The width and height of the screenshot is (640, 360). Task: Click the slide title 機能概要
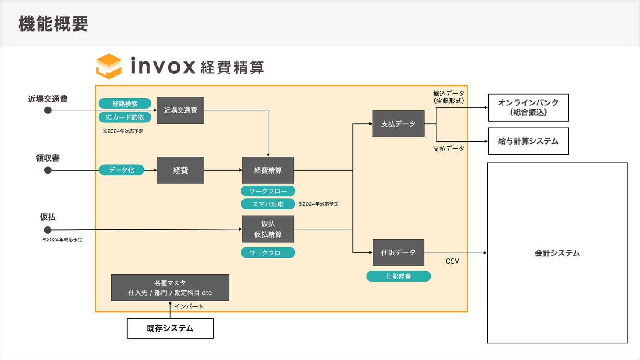click(53, 24)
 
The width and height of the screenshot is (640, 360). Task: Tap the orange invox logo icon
click(109, 66)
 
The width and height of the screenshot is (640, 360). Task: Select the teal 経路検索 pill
click(125, 104)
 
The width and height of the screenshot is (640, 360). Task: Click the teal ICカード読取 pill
click(125, 117)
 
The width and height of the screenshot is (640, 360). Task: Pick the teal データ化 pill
click(122, 170)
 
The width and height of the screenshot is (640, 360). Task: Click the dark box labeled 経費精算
click(268, 170)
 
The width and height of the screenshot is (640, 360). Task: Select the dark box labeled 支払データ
click(398, 124)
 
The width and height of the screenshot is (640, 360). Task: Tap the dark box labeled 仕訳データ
click(398, 253)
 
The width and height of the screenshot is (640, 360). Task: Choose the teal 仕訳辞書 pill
click(398, 276)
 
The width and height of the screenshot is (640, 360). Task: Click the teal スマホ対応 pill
click(268, 204)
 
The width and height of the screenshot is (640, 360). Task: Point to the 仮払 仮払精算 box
click(268, 229)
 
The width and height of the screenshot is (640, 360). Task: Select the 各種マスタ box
click(170, 287)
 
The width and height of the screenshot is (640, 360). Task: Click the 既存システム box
click(170, 328)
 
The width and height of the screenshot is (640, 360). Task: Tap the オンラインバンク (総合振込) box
click(528, 107)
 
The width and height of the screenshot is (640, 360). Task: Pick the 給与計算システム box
click(528, 141)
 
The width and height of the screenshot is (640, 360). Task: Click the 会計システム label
click(557, 253)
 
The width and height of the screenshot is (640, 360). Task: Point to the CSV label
click(452, 261)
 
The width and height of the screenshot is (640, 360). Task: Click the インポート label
click(189, 306)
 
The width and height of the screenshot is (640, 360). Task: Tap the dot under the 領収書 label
click(48, 170)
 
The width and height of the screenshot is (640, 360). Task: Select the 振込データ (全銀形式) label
click(448, 97)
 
